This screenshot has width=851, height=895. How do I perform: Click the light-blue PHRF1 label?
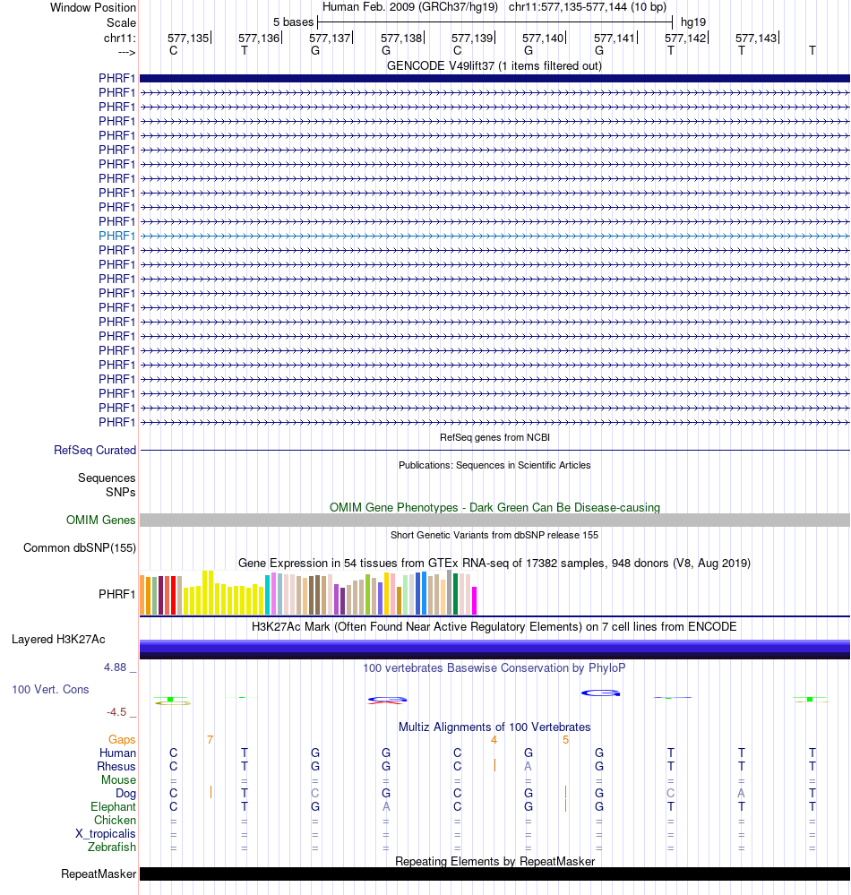(x=117, y=236)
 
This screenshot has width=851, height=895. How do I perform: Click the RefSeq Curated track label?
(x=95, y=450)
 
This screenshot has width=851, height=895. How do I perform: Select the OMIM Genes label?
(x=101, y=520)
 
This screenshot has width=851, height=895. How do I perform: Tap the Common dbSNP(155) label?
(x=80, y=548)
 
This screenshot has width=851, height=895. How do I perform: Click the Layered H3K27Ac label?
(x=58, y=640)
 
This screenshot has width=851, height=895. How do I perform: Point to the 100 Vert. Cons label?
(x=50, y=689)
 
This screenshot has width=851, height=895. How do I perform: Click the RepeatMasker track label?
(x=99, y=873)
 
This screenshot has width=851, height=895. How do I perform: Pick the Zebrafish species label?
(x=112, y=847)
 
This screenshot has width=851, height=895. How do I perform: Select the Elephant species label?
(x=112, y=806)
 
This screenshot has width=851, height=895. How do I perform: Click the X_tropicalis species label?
(x=106, y=833)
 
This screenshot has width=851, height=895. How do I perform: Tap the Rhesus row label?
(x=116, y=766)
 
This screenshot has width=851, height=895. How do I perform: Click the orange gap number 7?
(x=210, y=739)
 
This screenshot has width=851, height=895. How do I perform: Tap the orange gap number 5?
(x=565, y=739)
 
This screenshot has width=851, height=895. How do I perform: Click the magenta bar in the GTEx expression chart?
(x=475, y=600)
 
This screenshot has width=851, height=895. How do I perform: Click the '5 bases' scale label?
(x=294, y=22)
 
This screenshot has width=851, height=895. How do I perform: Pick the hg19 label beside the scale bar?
(x=693, y=22)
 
